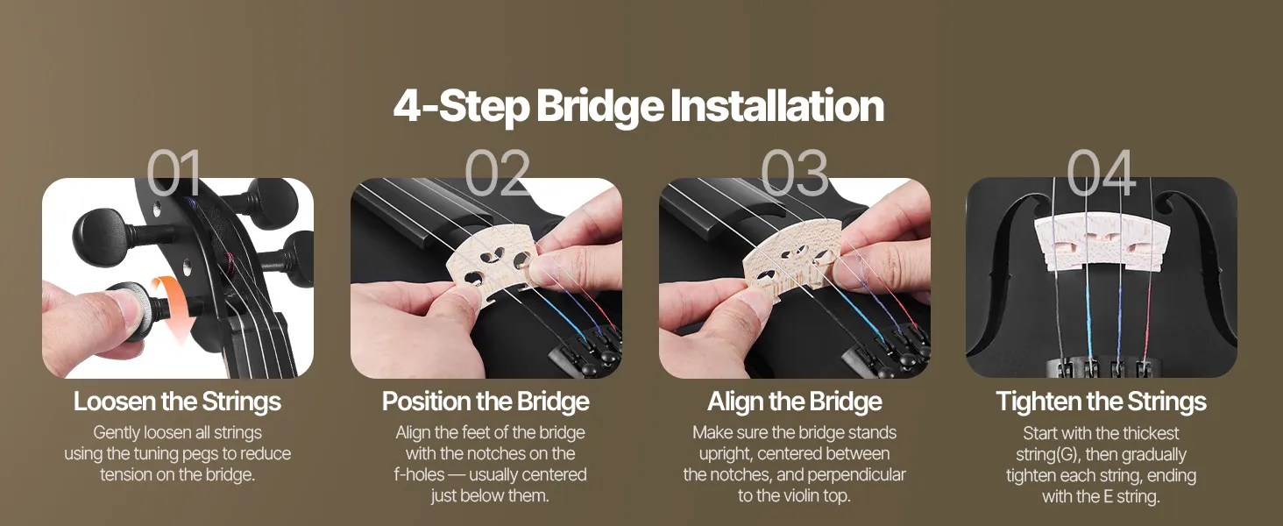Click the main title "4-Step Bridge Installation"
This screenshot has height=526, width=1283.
tap(639, 106)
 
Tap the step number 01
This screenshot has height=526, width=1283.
tap(174, 173)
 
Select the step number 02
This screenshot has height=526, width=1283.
tap(497, 173)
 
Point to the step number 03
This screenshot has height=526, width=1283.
tap(795, 173)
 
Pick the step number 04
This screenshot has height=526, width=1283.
tap(1101, 173)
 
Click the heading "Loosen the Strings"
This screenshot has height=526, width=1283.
tap(178, 402)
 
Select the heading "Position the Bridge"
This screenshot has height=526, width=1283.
tap(486, 402)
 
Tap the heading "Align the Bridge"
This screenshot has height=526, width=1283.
tap(795, 402)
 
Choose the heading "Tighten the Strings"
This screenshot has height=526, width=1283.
tap(1101, 402)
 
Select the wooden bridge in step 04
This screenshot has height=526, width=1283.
tap(1102, 242)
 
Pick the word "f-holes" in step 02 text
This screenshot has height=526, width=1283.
tap(419, 474)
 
